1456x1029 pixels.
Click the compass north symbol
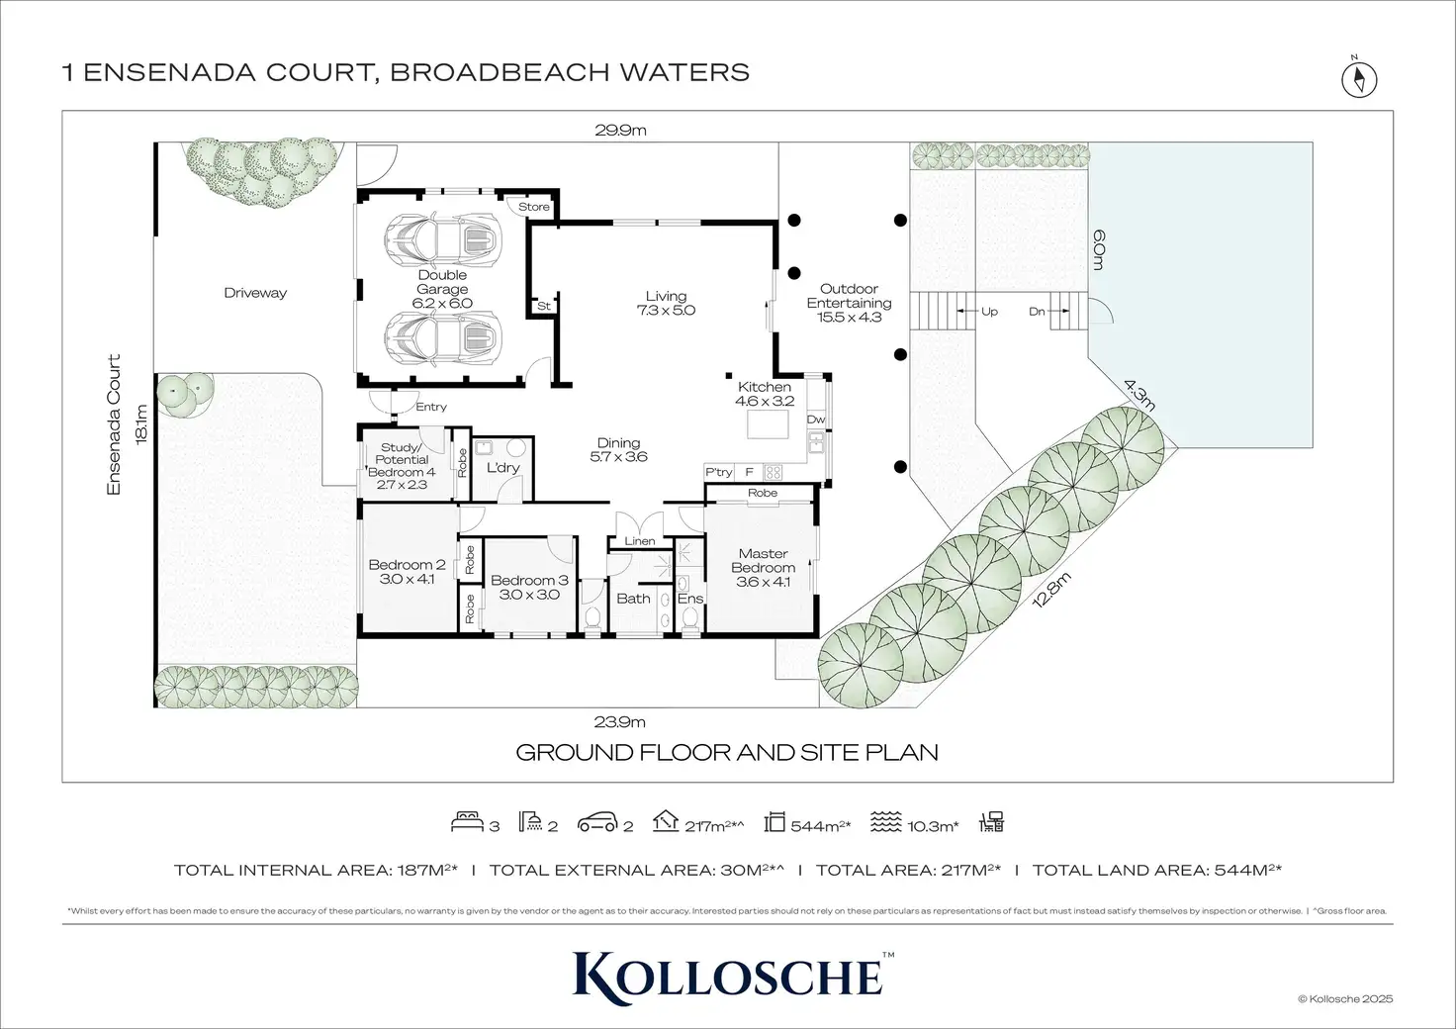1360,77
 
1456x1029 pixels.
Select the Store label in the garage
534,207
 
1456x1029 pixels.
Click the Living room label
666,303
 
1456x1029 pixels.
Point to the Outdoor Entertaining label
849,303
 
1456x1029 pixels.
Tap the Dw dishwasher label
816,420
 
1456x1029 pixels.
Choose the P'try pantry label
718,472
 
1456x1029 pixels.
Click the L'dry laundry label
502,467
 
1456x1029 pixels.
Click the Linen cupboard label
640,541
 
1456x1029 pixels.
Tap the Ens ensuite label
690,599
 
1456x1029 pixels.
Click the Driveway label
255,293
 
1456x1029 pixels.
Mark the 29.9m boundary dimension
620,130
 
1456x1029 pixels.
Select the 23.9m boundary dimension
620,722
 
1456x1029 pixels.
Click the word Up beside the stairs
989,312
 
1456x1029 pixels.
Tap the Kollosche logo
728,974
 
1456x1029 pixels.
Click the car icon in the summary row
597,821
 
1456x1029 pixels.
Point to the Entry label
431,407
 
